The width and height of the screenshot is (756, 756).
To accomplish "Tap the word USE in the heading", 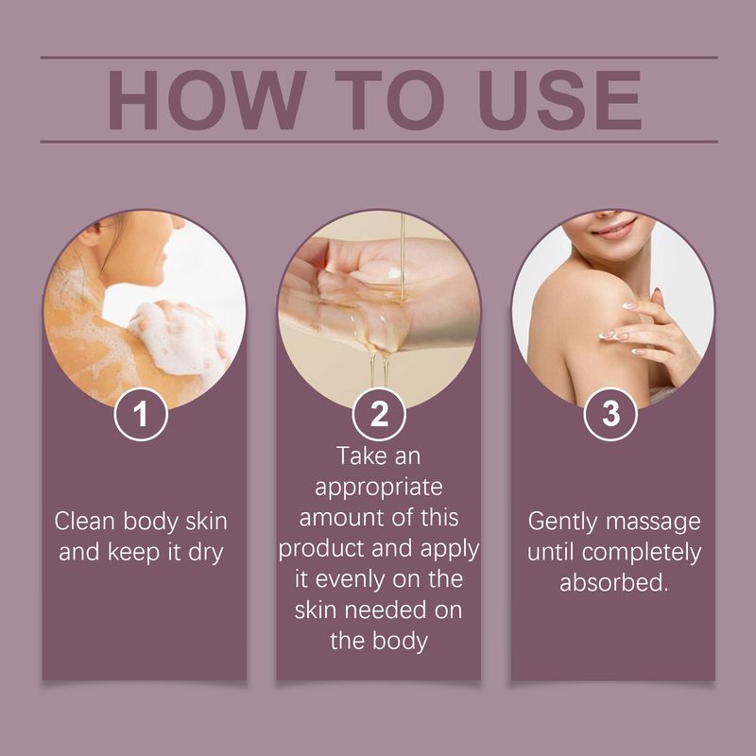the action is (559, 100).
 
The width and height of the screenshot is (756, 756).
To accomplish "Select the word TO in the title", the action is (389, 100).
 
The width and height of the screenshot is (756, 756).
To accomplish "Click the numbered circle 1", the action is (141, 414).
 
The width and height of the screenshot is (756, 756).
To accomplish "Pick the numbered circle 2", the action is (379, 414).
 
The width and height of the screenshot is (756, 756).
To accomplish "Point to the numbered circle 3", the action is (610, 414).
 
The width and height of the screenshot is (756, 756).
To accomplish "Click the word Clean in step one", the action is (85, 522).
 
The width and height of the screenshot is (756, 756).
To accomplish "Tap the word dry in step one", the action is (206, 553).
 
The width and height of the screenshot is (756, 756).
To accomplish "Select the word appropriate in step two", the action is (379, 488).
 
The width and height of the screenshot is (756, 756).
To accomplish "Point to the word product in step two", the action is (321, 548).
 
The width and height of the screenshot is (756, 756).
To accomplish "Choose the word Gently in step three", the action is (562, 523).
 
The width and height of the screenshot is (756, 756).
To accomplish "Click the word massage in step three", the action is (653, 523).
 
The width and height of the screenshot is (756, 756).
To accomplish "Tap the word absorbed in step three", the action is (613, 582).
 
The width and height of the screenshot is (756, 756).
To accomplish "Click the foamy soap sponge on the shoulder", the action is (176, 338).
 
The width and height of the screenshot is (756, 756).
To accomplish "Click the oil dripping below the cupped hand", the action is (380, 369).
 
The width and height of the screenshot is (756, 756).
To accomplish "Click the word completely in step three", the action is (642, 553).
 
